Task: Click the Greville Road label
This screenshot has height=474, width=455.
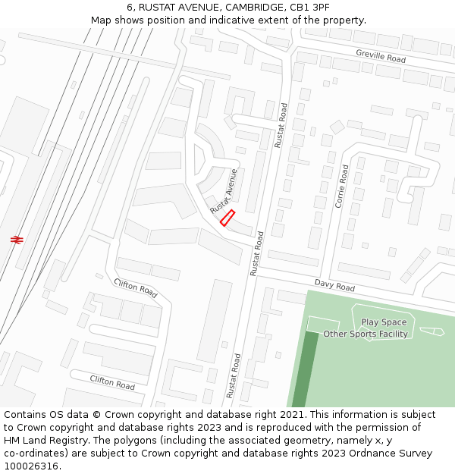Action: [381, 55]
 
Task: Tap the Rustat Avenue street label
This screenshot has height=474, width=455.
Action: [224, 190]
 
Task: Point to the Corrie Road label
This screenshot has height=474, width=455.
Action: [342, 187]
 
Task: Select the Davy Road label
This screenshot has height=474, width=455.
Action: [334, 286]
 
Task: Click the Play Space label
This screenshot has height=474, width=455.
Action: [384, 322]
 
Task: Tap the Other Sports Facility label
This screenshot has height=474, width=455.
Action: [366, 334]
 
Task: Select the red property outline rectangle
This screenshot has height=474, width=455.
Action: [227, 218]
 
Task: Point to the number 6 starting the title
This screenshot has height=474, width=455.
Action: [130, 7]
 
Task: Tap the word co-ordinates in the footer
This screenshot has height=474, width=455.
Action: [34, 454]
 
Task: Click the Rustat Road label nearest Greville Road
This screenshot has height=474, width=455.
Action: [282, 125]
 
